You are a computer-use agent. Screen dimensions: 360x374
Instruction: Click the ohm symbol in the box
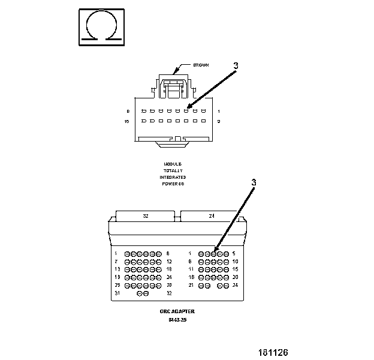101,26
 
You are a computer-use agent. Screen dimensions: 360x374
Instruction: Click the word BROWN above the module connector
201,65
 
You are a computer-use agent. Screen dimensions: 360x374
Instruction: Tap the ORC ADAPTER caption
177,311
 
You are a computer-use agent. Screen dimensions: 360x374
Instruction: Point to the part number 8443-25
177,320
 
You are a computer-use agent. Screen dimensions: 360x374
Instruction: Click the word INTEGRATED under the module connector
173,177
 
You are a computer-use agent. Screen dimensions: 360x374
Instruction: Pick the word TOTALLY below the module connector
173,170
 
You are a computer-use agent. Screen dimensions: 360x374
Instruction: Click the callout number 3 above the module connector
236,66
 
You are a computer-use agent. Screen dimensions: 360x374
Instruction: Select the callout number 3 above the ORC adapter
254,182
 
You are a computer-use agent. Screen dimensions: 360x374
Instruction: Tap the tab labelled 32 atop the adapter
146,216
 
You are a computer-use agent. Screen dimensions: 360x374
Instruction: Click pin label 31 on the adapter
117,293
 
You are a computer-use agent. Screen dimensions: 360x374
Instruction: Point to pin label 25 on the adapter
117,285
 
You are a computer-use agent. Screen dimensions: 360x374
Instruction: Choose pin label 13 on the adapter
117,269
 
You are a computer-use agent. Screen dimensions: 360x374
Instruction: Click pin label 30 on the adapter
170,285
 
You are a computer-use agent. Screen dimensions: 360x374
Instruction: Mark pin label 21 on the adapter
191,285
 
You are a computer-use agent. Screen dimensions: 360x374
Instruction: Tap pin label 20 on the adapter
236,277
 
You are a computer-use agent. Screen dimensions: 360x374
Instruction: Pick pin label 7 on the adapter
116,262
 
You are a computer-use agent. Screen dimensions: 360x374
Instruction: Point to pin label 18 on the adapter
170,269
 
